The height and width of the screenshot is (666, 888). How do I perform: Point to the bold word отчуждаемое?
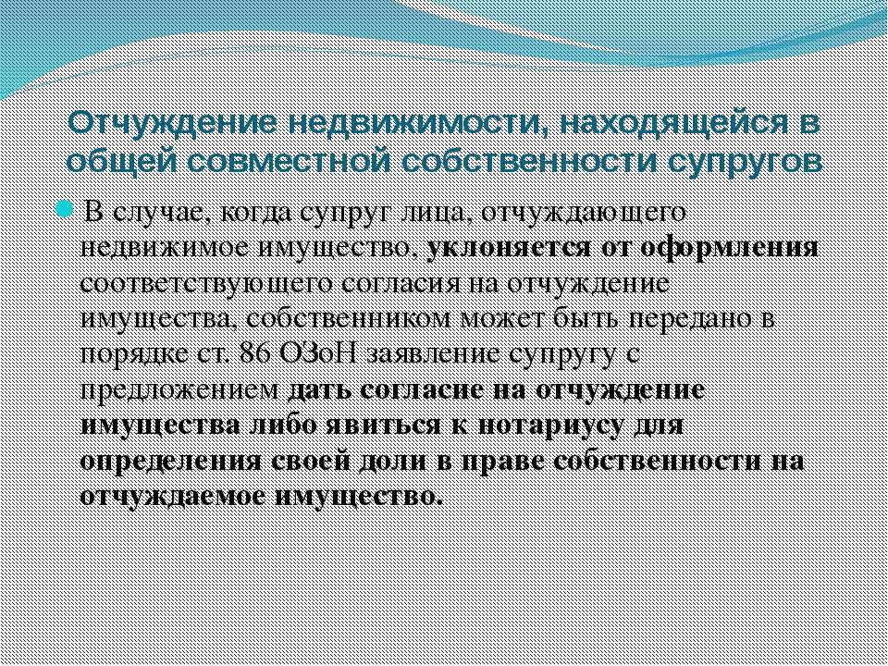172,498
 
